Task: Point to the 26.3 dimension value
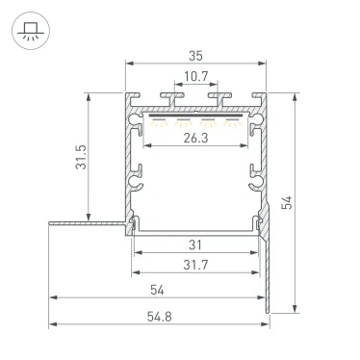click(196, 137)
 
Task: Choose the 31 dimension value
click(196, 244)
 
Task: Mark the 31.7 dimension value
click(196, 265)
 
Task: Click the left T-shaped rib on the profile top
click(172, 98)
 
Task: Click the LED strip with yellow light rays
click(196, 117)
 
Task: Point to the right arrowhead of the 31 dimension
click(257, 253)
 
